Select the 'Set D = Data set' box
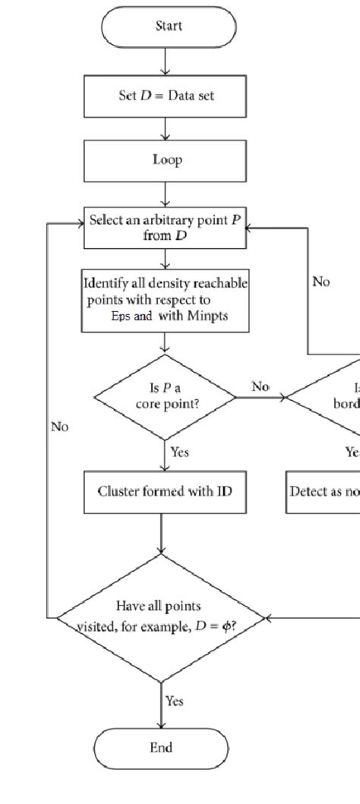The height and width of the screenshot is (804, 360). pyautogui.click(x=164, y=101)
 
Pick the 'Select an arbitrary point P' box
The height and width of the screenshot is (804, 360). pyautogui.click(x=165, y=228)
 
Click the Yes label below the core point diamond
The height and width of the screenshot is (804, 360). pyautogui.click(x=179, y=452)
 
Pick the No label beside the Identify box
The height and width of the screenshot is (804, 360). pyautogui.click(x=321, y=282)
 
